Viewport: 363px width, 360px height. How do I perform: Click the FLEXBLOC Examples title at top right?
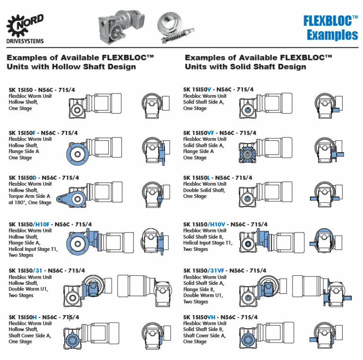coord(330,28)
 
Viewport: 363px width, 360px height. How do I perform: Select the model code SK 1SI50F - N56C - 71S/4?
coord(43,133)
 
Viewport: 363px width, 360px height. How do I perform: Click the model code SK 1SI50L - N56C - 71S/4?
coord(217,178)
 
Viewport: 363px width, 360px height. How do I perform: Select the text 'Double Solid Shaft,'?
coord(204,190)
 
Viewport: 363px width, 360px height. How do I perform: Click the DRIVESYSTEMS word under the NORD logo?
coord(25,41)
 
